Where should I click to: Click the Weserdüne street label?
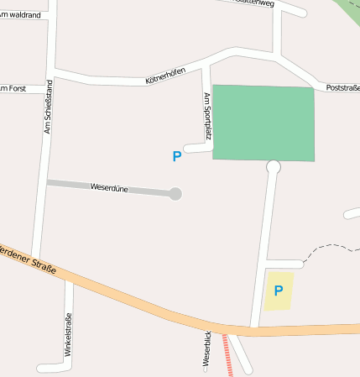108,188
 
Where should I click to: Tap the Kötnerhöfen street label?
164,76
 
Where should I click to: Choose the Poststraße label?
342,87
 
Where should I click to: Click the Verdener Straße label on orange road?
27,259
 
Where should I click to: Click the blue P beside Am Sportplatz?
176,156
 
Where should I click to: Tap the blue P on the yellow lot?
278,291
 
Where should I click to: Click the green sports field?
263,123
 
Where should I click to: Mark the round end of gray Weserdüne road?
175,194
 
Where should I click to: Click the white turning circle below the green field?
273,167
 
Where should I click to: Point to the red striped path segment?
228,356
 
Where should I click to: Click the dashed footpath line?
327,247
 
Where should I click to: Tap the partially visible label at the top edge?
252,3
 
